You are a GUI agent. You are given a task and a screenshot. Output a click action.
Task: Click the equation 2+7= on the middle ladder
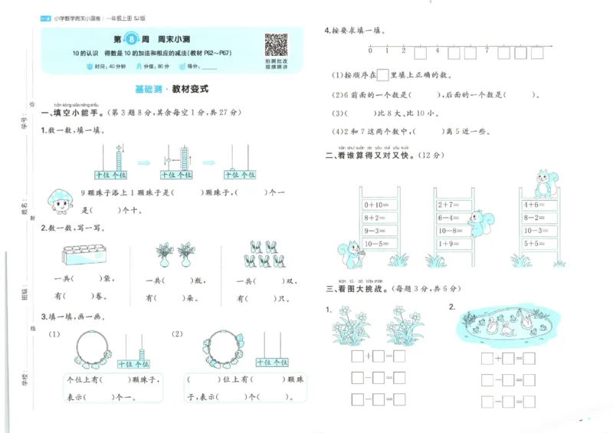tap(448, 205)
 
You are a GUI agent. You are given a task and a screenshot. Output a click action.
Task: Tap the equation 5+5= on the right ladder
tap(534, 243)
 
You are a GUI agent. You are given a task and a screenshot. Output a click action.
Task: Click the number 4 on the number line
tap(438, 51)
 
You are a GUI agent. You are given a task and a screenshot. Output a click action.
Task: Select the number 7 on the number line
tap(487, 51)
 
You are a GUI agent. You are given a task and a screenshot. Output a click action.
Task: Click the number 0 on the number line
tap(370, 51)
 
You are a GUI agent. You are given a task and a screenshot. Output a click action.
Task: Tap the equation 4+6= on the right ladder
tap(534, 205)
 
